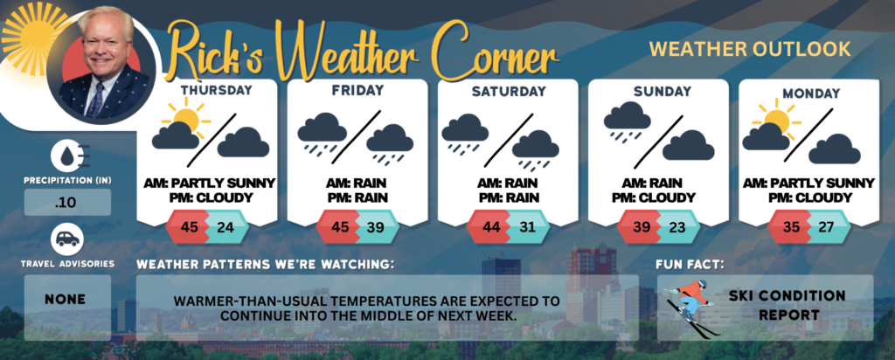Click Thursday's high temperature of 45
click(x=188, y=229)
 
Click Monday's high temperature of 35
click(x=790, y=229)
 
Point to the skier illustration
click(x=690, y=306)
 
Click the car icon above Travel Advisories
click(x=66, y=238)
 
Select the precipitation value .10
click(x=66, y=203)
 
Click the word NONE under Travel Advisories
click(x=66, y=300)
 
